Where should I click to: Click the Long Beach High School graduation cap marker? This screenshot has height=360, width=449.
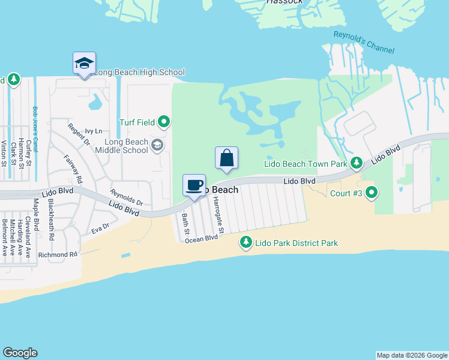coord(84,63)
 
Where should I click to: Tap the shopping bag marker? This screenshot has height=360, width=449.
coord(226,158)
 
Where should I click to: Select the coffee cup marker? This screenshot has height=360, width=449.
coord(194,185)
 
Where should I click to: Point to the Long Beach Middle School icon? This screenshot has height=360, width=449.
coord(157,144)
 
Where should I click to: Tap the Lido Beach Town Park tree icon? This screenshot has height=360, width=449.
coord(357,163)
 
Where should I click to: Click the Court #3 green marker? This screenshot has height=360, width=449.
coord(372,193)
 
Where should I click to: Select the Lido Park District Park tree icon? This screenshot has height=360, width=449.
coord(246,242)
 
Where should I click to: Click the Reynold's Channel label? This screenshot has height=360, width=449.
coord(359,43)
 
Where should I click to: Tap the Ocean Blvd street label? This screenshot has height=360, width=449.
coord(201,239)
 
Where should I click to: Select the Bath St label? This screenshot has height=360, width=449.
coord(186,224)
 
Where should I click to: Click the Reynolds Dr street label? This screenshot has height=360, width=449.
coord(126,197)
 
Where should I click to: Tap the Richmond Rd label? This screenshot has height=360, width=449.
coord(58,254)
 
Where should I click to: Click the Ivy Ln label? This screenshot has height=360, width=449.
coord(94,131)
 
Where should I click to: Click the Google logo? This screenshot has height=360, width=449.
coord(20,353)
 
